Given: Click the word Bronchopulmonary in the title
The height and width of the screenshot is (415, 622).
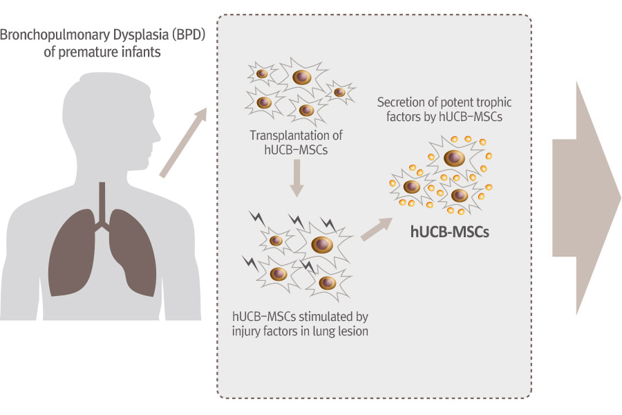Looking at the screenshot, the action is (x=55, y=36).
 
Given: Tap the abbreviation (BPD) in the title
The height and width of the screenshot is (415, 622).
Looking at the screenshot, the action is (x=189, y=35).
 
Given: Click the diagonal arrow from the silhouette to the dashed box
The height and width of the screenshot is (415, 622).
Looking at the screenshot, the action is (x=183, y=142).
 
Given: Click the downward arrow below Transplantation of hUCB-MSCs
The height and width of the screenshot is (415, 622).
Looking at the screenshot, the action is (x=296, y=178).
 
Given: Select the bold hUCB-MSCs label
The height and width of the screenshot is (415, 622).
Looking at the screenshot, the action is (x=449, y=232).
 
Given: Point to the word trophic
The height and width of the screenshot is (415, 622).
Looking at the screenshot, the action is (x=494, y=103).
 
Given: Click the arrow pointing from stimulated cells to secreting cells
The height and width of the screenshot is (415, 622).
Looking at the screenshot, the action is (x=377, y=229).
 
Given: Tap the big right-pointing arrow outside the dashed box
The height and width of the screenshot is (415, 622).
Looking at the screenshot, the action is (x=586, y=198).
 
